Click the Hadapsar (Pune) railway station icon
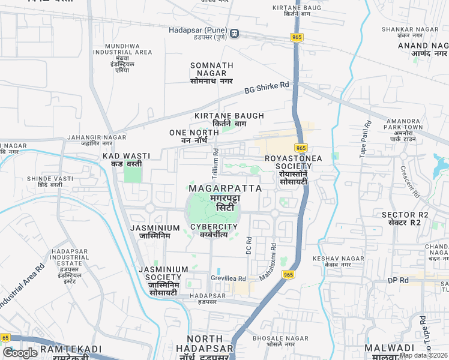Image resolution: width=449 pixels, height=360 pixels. tap(233, 34)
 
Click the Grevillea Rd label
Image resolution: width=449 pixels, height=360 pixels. tap(228, 278)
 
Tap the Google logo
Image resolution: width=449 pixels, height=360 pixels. tap(20, 353)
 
